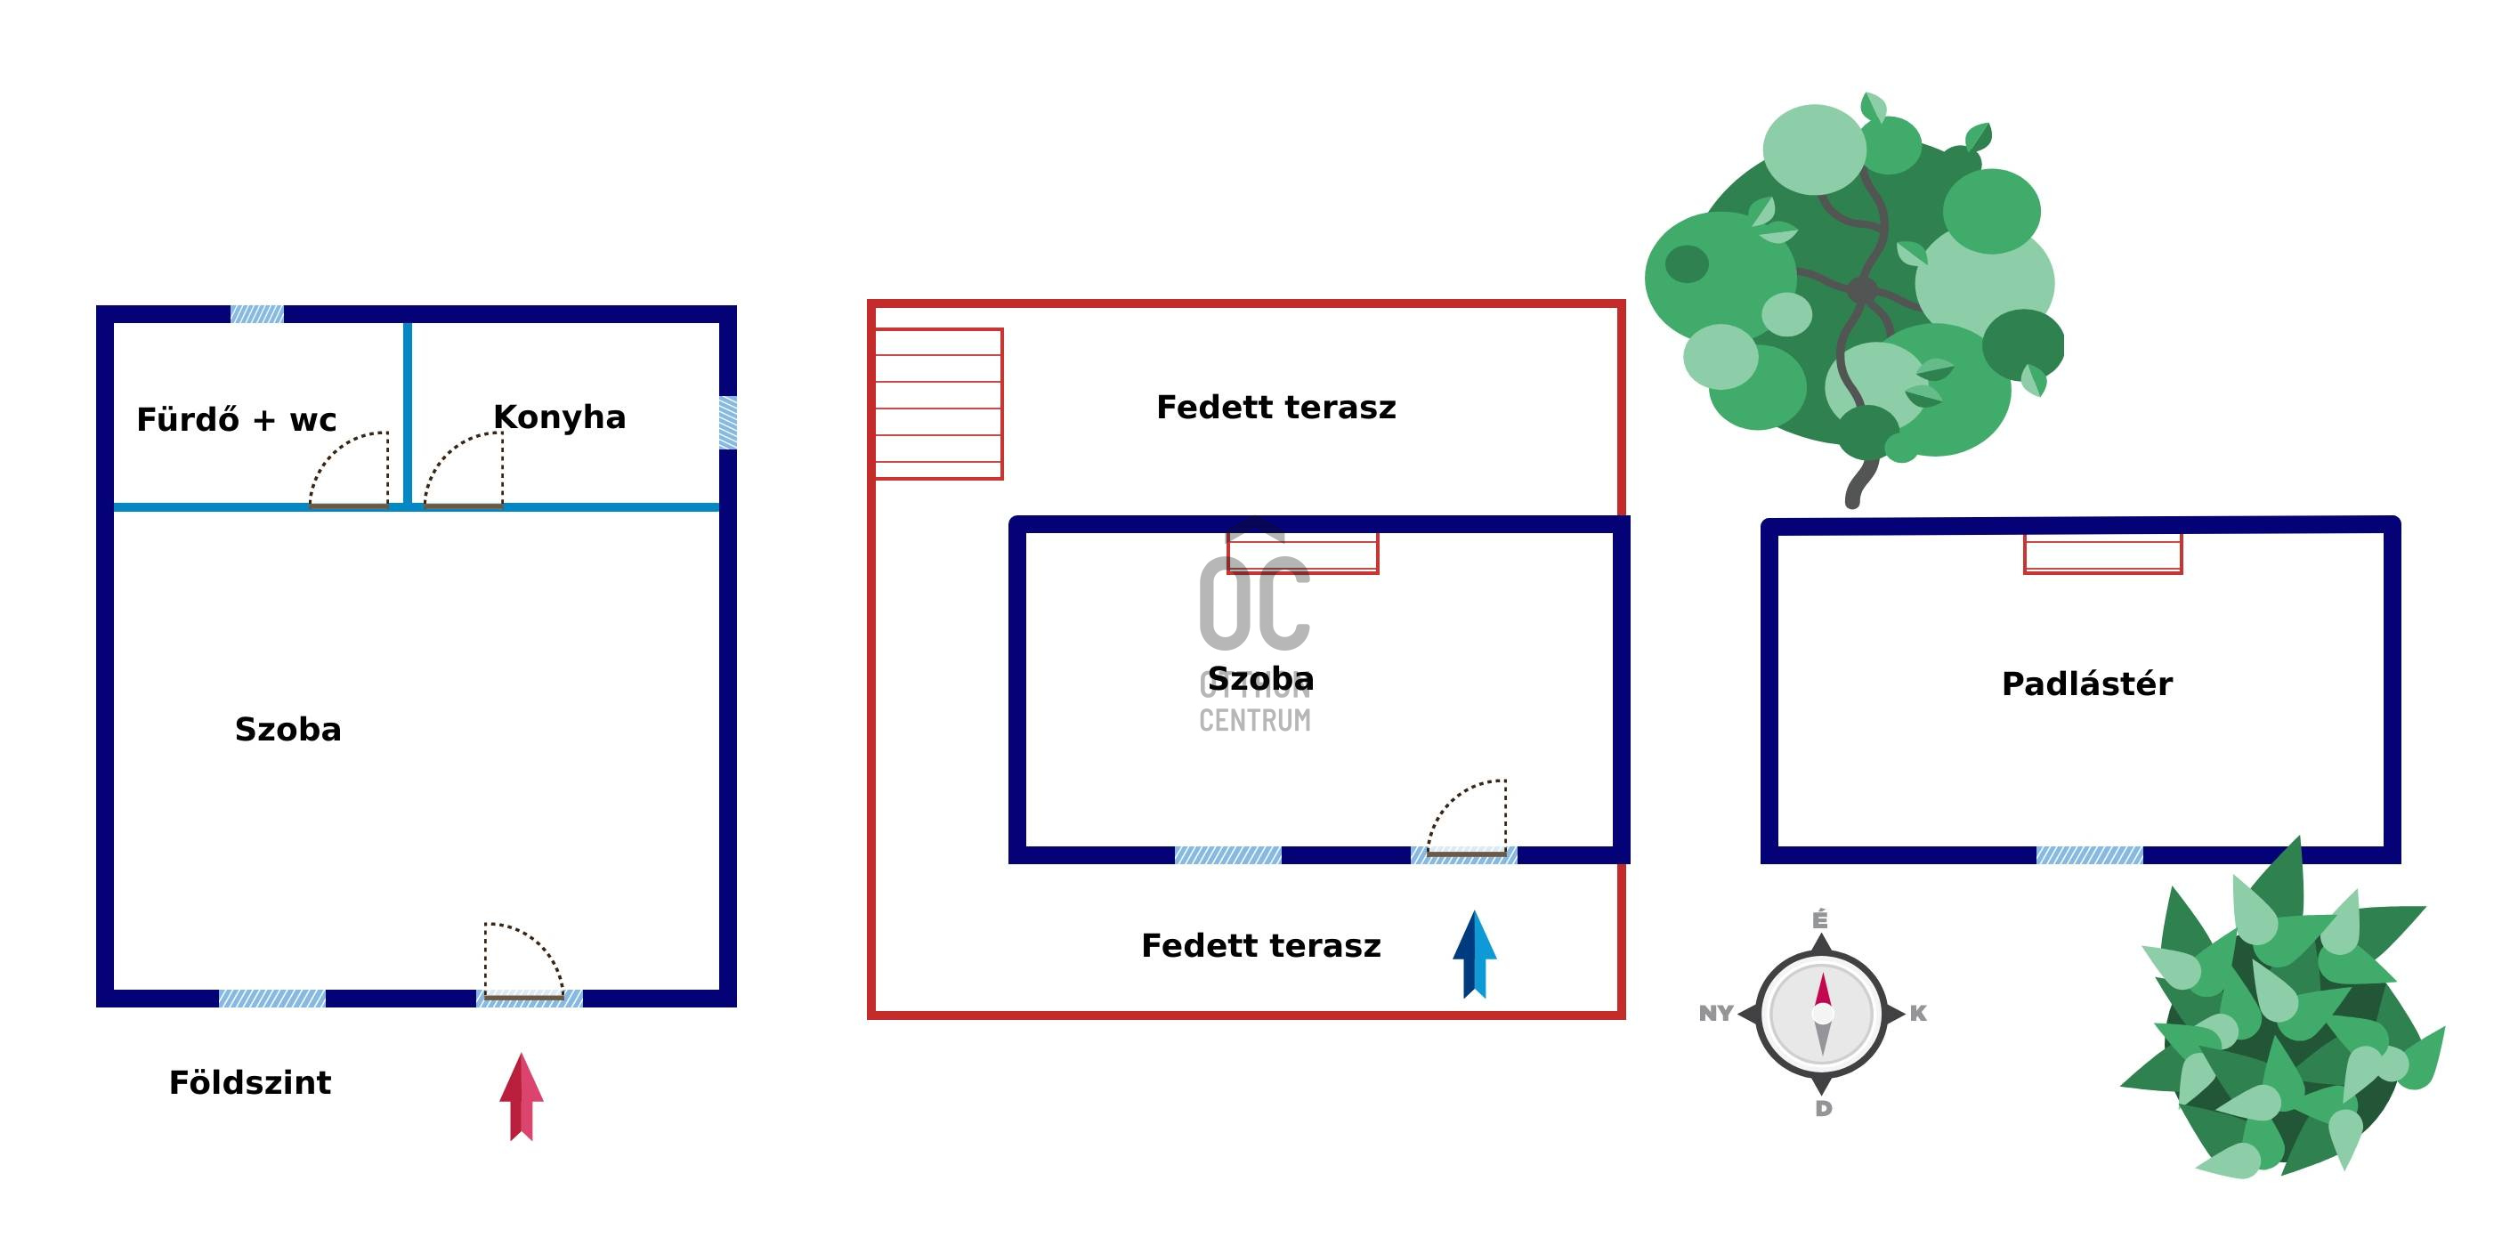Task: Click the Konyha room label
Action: (x=559, y=417)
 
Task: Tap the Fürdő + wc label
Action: (x=236, y=420)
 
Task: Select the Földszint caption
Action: (x=249, y=1082)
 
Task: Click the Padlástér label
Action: (x=2086, y=684)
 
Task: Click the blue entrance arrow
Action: (x=1474, y=954)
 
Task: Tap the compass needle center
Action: (x=1822, y=1013)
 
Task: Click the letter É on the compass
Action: (x=1820, y=919)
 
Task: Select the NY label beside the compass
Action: (x=1715, y=1013)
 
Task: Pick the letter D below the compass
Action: (x=1823, y=1109)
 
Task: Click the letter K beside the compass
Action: (x=1917, y=1013)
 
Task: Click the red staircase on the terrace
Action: (x=938, y=403)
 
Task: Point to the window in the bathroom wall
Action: (x=257, y=313)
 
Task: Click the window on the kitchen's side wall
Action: (x=727, y=423)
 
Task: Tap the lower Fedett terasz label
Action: (x=1261, y=946)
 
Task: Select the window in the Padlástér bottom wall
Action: (x=2089, y=855)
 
